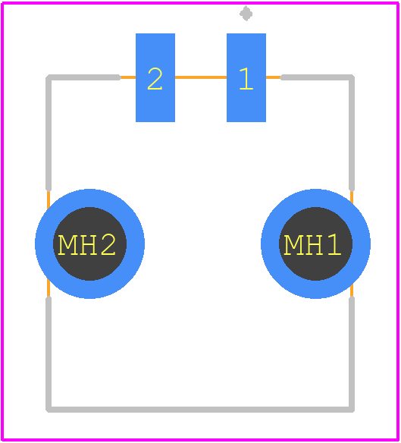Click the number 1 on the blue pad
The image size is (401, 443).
click(246, 79)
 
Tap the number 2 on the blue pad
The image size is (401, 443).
click(155, 79)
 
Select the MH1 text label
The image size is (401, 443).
click(312, 244)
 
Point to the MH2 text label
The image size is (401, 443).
click(86, 244)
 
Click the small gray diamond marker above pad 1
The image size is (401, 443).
click(246, 14)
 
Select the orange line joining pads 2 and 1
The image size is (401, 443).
click(201, 77)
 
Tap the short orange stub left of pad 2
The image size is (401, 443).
click(128, 77)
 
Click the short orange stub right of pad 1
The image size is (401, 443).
click(274, 77)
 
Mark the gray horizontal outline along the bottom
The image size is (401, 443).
click(200, 410)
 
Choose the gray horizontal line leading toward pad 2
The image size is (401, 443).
click(83, 77)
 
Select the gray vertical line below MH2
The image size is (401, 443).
click(49, 353)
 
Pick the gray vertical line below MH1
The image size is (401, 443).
click(352, 353)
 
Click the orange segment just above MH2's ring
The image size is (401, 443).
click(49, 200)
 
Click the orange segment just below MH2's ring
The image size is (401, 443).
click(49, 288)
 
